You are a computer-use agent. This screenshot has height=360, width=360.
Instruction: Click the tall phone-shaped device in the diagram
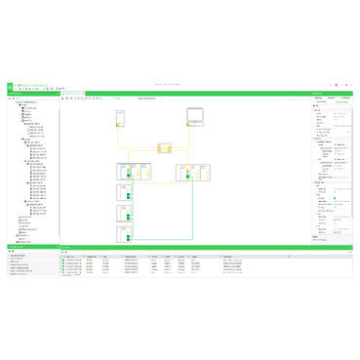122,118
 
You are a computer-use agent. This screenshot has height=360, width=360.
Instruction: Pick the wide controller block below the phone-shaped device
131,172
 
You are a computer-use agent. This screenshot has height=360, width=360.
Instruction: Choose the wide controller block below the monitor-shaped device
191,172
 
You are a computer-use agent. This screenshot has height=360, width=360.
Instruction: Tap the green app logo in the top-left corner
11,86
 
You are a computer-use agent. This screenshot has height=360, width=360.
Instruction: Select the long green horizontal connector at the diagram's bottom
161,238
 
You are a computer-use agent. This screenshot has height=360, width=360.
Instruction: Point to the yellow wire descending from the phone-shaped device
121,144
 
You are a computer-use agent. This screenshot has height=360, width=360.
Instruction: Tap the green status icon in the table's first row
62,259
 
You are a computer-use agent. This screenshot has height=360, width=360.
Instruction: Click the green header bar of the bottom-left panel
29,246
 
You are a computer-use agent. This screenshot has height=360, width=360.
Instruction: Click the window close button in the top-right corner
352,86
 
